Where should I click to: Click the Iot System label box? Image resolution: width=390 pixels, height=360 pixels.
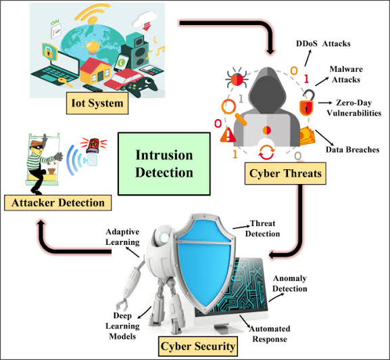click(x=97, y=104)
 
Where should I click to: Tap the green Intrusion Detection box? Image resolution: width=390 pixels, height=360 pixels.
click(x=164, y=164)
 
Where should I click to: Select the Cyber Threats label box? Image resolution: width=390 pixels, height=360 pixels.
click(x=285, y=173)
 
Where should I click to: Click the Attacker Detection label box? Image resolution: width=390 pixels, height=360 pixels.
click(x=57, y=202)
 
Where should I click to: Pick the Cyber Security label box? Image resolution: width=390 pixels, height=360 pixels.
click(x=198, y=346)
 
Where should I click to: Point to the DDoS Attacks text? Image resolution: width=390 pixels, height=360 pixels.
click(x=323, y=43)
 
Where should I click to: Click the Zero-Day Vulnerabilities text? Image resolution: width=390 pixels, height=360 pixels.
click(x=354, y=108)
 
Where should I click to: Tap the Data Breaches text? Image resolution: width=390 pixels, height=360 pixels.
click(x=352, y=150)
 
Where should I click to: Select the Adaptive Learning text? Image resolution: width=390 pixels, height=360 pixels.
click(x=122, y=237)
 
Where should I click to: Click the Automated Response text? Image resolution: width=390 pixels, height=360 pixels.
click(x=270, y=334)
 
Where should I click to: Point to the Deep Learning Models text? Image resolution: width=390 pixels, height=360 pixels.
click(x=122, y=326)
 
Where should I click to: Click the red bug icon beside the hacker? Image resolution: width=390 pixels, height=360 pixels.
click(x=237, y=78)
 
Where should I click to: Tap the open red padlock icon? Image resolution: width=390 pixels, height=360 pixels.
click(x=307, y=103)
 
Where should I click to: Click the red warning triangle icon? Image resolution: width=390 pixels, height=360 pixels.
click(x=228, y=135)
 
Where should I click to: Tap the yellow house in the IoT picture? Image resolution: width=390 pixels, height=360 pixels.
click(x=95, y=70)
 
